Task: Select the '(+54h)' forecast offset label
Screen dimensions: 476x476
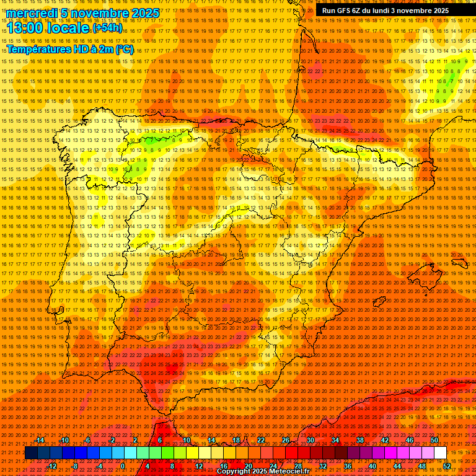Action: [107, 28]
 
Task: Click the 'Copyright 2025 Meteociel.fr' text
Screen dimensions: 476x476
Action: [263, 472]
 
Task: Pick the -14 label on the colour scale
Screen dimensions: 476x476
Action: [41, 440]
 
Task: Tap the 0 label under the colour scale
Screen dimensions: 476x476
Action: [123, 466]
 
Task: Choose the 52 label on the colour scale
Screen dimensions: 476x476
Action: [447, 466]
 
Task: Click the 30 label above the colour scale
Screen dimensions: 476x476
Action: [310, 440]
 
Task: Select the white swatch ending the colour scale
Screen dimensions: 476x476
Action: [440, 453]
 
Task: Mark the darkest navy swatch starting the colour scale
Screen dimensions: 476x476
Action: [31, 453]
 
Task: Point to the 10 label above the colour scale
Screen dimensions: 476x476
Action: [186, 440]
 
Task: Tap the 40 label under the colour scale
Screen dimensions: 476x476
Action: [372, 466]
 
